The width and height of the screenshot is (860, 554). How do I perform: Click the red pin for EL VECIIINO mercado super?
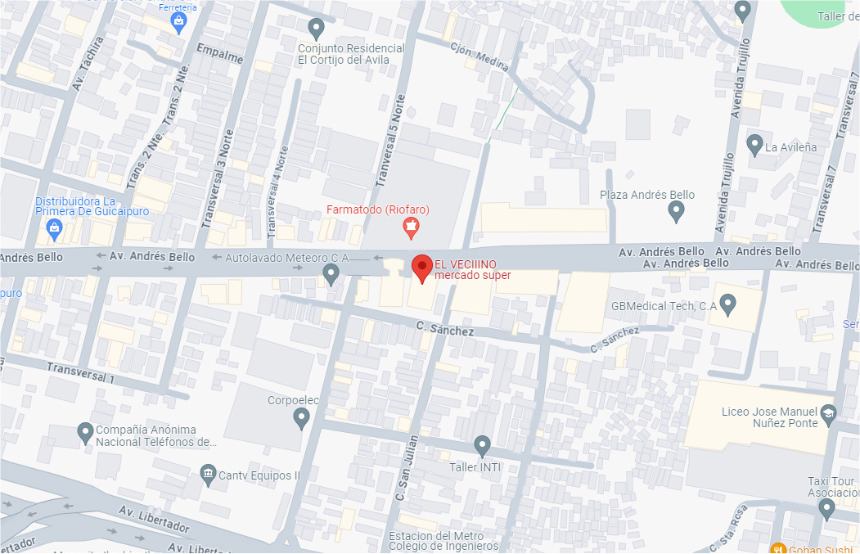click(x=421, y=267)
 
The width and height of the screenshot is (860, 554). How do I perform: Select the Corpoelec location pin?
click(x=301, y=418)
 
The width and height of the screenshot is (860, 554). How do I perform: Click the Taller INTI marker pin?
click(x=482, y=445)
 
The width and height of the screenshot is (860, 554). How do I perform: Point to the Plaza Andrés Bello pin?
click(x=676, y=211)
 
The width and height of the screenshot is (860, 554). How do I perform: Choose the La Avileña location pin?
click(x=755, y=145)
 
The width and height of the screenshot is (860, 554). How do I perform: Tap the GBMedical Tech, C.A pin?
click(x=727, y=305)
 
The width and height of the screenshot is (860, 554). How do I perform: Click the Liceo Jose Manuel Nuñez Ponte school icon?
click(x=828, y=413)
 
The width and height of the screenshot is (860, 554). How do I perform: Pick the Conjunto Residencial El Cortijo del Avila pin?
click(x=317, y=28)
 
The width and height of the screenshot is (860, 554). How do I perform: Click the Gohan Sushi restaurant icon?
click(x=778, y=548)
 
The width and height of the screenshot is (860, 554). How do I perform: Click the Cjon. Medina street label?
click(x=480, y=56)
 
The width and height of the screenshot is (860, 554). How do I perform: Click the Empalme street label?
click(x=220, y=58)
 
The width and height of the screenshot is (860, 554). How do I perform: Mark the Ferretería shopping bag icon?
click(x=180, y=25)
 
